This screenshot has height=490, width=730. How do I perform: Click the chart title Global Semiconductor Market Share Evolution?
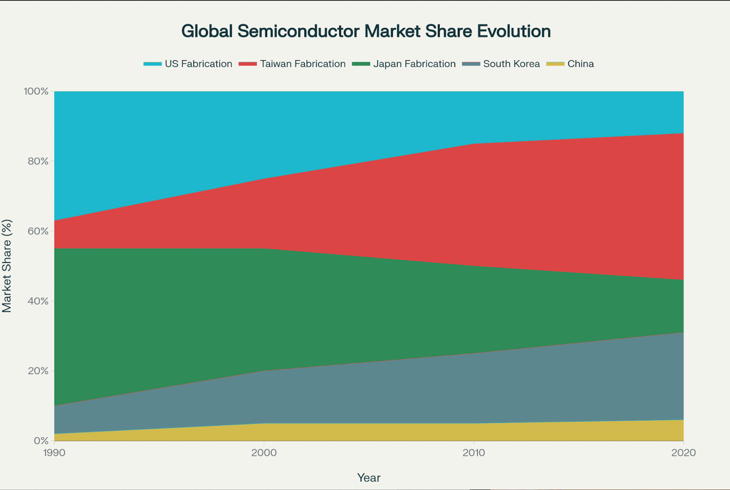366,31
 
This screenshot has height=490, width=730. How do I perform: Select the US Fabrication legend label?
198,64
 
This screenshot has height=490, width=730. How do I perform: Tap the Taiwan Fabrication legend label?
303,64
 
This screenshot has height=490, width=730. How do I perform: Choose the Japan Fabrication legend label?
414,64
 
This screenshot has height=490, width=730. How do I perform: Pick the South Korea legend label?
511,64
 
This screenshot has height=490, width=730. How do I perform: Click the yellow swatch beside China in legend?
555,64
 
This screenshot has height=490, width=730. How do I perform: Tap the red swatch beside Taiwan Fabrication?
248,64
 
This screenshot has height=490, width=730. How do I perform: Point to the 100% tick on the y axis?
36,91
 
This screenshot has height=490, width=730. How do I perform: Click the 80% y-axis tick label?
38,161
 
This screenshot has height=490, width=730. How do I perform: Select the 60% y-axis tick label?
38,231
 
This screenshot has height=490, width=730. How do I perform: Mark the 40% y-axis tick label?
38,301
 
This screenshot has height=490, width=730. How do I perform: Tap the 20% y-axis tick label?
38,371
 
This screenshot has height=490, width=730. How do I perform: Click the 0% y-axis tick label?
41,441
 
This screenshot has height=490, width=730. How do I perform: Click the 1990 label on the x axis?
54,452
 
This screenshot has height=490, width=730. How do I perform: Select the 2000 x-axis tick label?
264,452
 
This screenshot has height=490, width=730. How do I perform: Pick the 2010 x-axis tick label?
474,452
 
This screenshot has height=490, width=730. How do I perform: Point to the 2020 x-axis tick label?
683,452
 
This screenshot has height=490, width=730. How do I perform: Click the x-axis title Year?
369,478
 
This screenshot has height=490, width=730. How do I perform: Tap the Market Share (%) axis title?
7,266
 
